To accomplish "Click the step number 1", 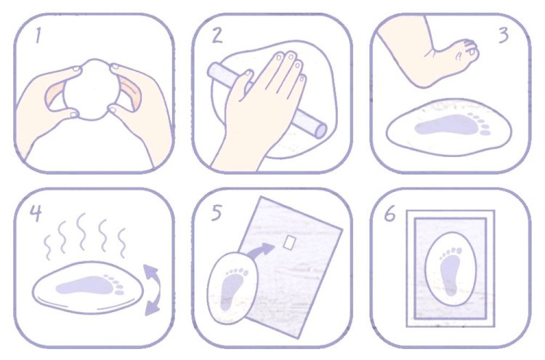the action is pyautogui.click(x=39, y=36).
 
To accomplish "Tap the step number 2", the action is pyautogui.click(x=217, y=36).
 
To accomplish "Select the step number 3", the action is pyautogui.click(x=503, y=35).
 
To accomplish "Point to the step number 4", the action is pyautogui.click(x=36, y=213).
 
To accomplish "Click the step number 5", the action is pyautogui.click(x=217, y=212).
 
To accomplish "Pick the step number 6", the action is pyautogui.click(x=389, y=213).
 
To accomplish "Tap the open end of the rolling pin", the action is pyautogui.click(x=320, y=131).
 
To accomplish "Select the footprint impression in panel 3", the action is pyautogui.click(x=452, y=124).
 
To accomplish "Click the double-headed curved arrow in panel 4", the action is pyautogui.click(x=152, y=289).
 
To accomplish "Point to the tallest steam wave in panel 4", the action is pyautogui.click(x=81, y=231).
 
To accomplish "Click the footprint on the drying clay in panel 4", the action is pyautogui.click(x=90, y=285).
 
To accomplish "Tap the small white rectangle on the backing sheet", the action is pyautogui.click(x=289, y=242).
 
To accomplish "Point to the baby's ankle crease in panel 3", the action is pyautogui.click(x=431, y=53).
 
